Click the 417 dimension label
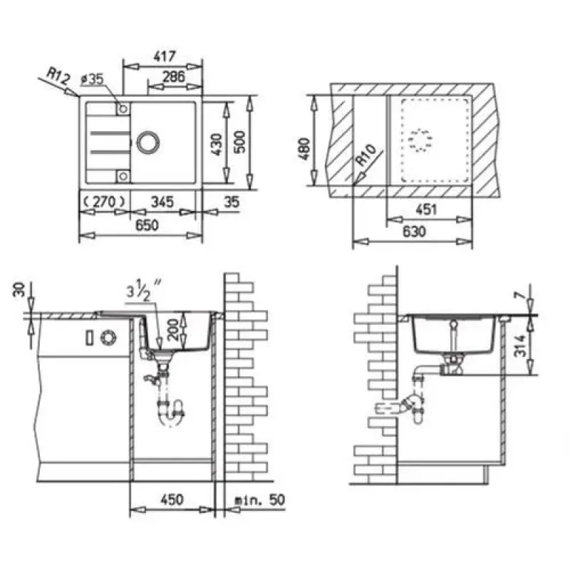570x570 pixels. [x=165, y=56]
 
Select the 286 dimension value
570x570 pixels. [x=173, y=77]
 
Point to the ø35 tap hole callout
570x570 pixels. [x=93, y=79]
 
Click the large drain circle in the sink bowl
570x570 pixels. [x=148, y=142]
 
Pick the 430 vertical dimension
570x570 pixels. [x=217, y=145]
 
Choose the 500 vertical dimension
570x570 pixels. [x=239, y=142]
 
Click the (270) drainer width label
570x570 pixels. [x=104, y=201]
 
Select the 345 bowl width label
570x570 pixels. [x=162, y=202]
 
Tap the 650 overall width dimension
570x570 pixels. [x=147, y=225]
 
